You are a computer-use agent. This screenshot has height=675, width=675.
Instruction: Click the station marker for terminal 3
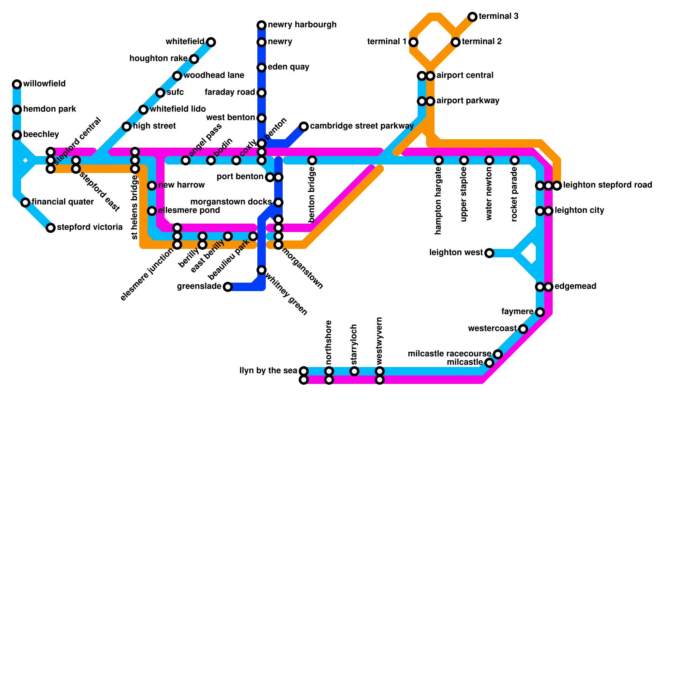[x=472, y=17]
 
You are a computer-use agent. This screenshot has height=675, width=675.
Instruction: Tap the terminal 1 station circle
[x=413, y=42]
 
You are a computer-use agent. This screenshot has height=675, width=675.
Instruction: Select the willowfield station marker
[x=17, y=84]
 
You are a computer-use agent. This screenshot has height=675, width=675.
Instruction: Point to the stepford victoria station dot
[x=51, y=228]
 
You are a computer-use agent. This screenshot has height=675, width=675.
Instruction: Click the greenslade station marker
[x=228, y=287]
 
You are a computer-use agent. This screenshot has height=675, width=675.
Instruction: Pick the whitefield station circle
[x=211, y=42]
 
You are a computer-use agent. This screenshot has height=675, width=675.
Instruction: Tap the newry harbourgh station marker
[x=262, y=25]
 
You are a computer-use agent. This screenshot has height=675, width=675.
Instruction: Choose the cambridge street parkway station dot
[x=304, y=127]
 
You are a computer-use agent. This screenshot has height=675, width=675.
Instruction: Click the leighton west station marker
[x=489, y=253]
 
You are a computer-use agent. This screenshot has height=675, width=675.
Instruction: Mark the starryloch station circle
[x=354, y=371]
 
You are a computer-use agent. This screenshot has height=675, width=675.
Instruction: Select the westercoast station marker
[x=523, y=329]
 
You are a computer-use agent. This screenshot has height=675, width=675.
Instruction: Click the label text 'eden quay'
[x=289, y=67]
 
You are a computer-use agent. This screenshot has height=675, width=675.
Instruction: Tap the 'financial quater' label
[x=62, y=202]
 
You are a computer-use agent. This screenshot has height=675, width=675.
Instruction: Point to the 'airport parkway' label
[x=468, y=101]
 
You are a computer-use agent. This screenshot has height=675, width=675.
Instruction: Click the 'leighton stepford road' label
[x=607, y=185]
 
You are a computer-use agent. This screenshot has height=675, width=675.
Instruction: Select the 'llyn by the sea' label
[x=268, y=371]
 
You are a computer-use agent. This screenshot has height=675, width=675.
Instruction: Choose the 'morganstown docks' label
[x=231, y=202]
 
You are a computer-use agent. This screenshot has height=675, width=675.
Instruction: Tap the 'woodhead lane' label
[x=213, y=76]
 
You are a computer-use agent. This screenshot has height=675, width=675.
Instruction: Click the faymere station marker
[x=540, y=312]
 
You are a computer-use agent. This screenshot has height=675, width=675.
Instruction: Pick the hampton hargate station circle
[x=439, y=160]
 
